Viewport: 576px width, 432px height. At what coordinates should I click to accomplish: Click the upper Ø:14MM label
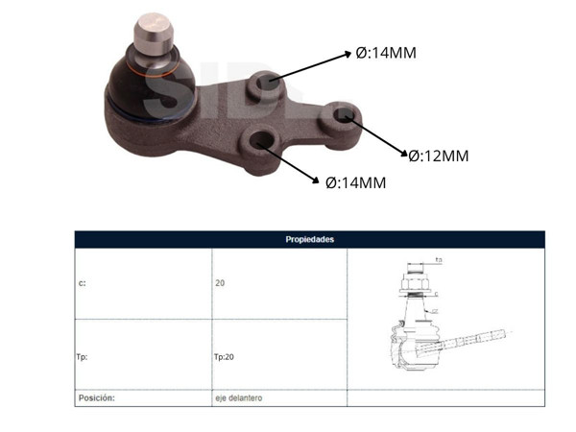click(386, 54)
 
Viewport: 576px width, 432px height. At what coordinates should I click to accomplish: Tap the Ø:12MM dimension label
click(438, 156)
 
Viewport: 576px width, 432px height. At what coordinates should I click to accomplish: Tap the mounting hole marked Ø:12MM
click(344, 117)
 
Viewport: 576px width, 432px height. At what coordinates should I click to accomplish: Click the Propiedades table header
click(309, 239)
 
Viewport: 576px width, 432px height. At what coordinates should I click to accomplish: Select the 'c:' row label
click(82, 284)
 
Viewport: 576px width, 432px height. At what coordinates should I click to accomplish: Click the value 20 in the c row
click(220, 284)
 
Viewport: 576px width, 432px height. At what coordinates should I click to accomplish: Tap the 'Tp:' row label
click(83, 355)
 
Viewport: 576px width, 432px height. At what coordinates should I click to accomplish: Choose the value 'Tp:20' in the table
click(224, 355)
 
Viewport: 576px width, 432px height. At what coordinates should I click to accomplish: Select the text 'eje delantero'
click(238, 396)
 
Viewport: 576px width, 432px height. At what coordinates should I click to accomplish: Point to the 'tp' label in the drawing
click(438, 259)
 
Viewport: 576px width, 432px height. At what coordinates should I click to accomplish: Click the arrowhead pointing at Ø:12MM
click(402, 151)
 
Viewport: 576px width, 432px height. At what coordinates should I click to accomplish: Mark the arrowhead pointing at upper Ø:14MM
click(348, 56)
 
